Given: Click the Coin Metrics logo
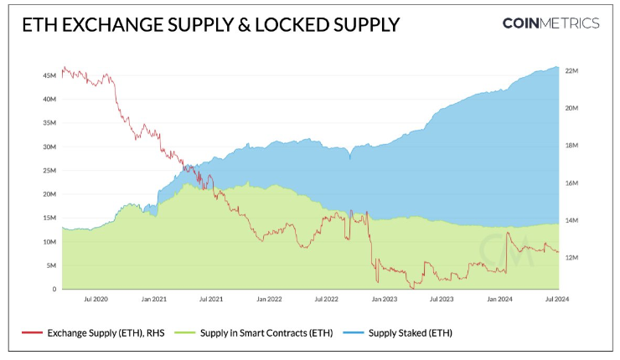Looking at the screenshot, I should click(x=550, y=23).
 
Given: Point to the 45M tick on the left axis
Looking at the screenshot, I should click(x=49, y=75).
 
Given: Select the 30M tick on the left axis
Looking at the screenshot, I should click(x=49, y=147).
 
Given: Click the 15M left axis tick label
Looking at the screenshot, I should click(x=49, y=218).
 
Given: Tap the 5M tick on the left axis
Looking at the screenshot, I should click(x=51, y=265).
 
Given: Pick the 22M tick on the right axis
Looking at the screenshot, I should click(x=573, y=71).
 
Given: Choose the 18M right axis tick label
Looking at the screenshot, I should click(x=573, y=146).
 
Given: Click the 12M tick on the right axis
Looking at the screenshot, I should click(x=573, y=258).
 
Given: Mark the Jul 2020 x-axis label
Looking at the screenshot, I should click(x=96, y=299).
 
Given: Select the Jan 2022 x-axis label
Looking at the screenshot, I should click(x=268, y=299).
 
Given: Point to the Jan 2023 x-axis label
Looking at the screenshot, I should click(x=384, y=299).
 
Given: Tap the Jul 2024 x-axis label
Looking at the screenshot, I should click(x=558, y=299).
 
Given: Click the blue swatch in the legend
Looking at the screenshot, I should click(x=355, y=333).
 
